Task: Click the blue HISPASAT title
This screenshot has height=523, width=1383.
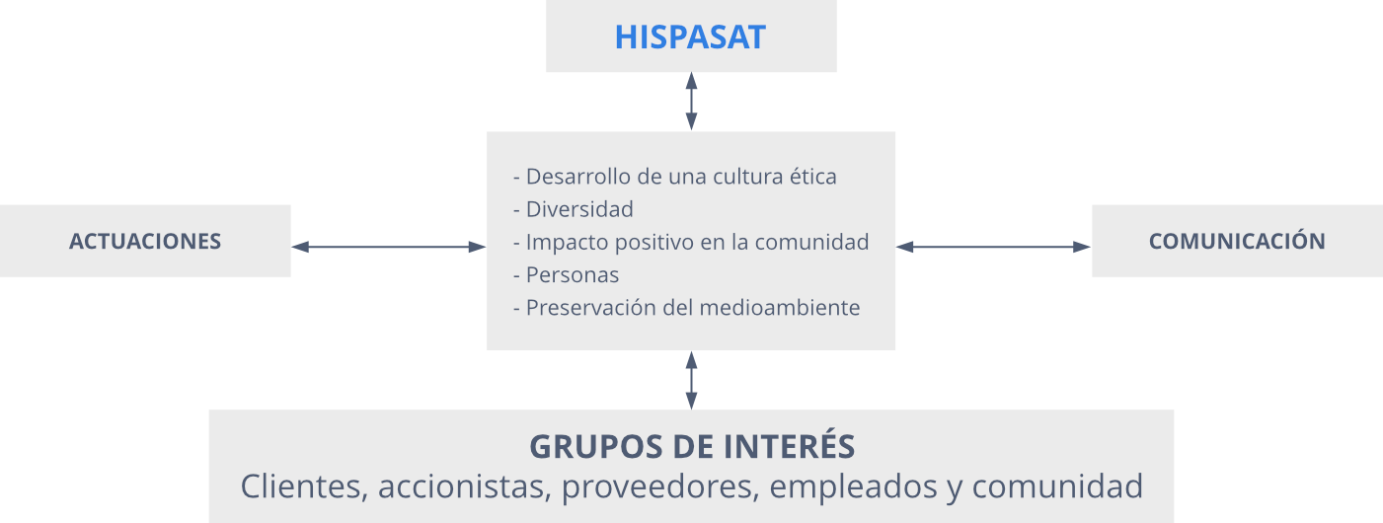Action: (690, 37)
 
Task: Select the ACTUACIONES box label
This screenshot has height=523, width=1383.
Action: (145, 241)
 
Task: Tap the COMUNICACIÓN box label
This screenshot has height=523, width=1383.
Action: (1237, 240)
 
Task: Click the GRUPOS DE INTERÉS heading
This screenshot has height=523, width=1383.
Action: (692, 445)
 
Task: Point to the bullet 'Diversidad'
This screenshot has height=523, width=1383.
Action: (574, 209)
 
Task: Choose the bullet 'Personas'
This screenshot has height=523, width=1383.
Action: (567, 274)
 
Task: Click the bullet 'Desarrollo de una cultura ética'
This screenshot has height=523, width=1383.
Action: (675, 177)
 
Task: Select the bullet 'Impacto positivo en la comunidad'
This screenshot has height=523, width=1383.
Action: (691, 242)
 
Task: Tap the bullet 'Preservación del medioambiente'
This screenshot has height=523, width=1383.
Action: (686, 308)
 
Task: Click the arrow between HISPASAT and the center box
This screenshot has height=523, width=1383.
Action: (691, 102)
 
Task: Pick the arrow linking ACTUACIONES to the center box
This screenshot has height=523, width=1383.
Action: (388, 247)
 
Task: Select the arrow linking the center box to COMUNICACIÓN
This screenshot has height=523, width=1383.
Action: (993, 247)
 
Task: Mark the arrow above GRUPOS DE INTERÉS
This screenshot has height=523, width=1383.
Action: (691, 380)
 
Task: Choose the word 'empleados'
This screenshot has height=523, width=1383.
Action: (853, 487)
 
